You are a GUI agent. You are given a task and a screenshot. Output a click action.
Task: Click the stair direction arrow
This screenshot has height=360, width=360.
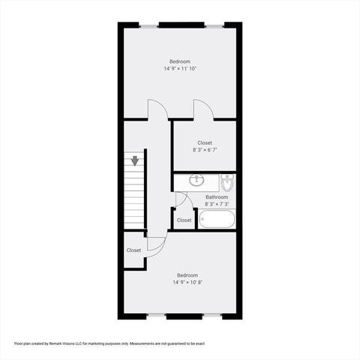[135, 160]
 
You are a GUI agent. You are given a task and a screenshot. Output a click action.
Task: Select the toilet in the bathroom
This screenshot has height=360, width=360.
[227, 182]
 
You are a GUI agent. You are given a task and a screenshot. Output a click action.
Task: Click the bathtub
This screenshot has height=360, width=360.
[217, 219]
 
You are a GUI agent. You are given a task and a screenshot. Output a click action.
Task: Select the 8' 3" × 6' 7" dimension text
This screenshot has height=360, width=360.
[205, 150]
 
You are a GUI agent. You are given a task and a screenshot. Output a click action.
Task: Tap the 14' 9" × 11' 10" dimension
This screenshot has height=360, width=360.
[180, 69]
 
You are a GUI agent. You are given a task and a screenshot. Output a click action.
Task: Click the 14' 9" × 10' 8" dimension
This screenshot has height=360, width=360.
[187, 283]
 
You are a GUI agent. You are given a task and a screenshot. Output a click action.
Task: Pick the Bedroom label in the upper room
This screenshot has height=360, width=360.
[180, 61]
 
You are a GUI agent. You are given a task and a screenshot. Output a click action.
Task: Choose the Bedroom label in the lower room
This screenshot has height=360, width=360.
[187, 275]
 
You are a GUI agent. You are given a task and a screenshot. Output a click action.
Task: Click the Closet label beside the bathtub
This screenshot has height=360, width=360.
[184, 220]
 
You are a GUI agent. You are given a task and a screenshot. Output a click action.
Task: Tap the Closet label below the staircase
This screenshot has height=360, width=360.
[133, 250]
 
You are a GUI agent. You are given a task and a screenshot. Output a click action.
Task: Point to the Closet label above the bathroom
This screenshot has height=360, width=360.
[205, 142]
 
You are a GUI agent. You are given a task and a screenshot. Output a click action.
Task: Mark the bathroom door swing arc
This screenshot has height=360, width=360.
[181, 199]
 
